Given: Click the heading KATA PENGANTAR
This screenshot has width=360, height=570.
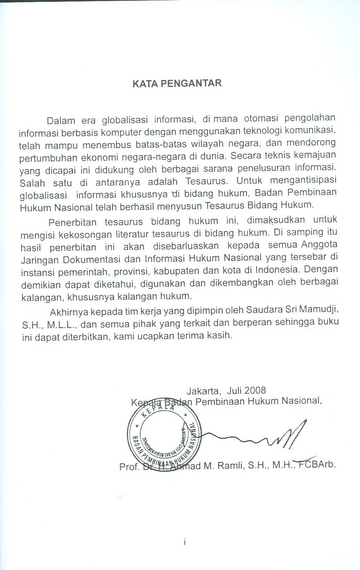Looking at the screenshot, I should click(x=177, y=83).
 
